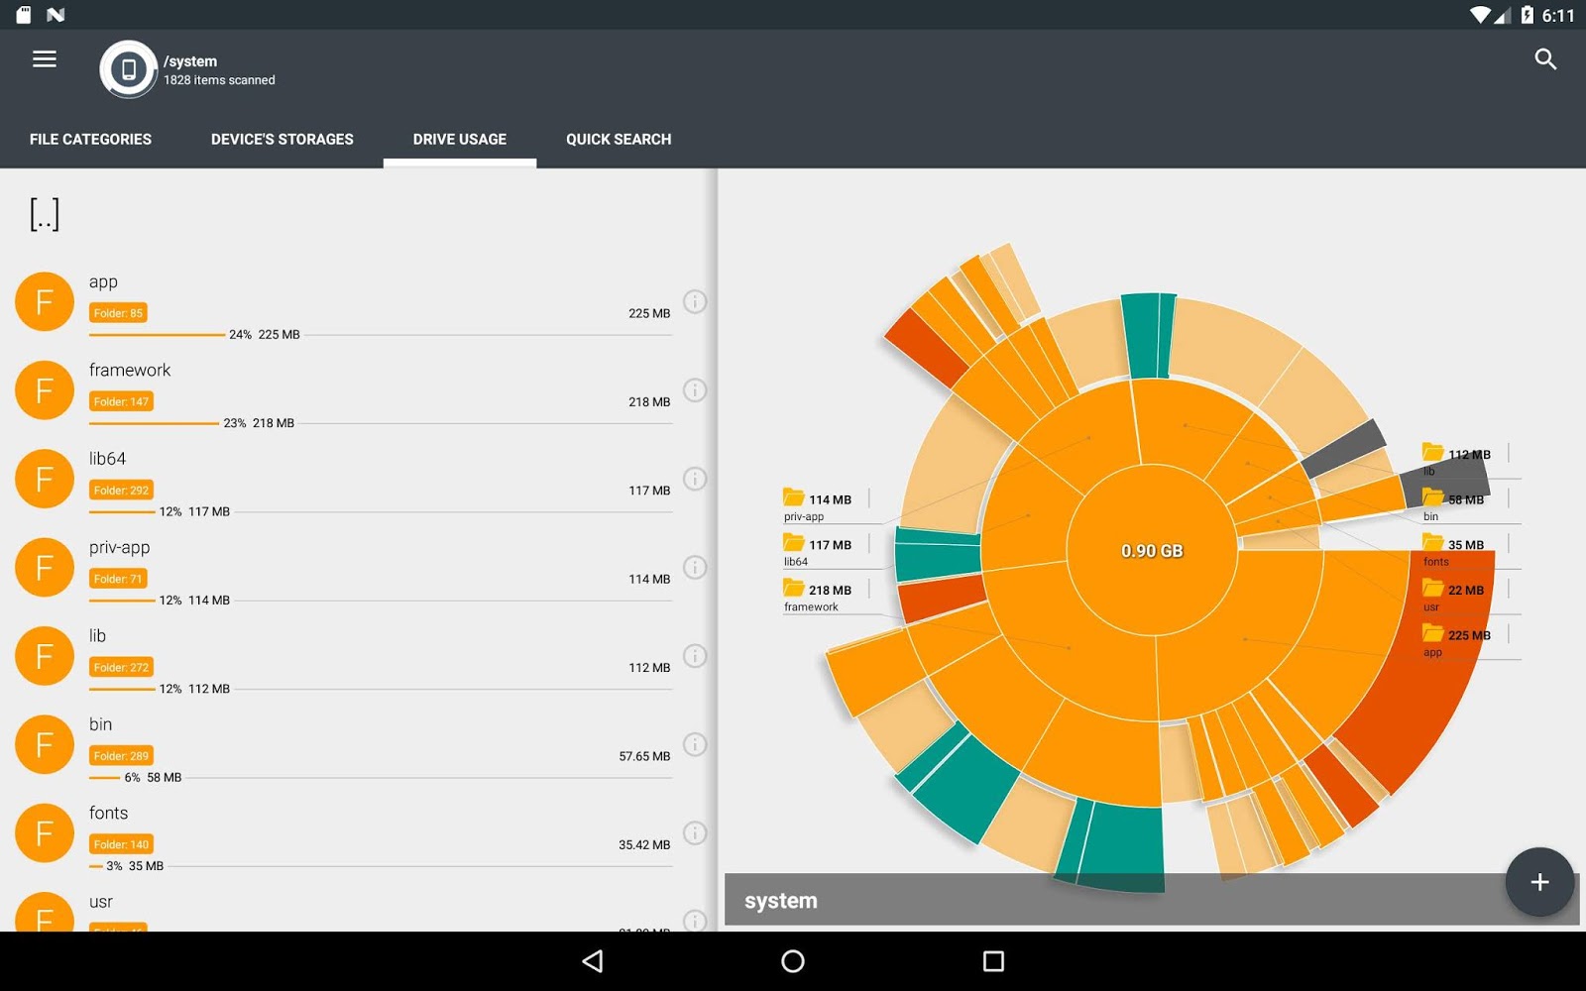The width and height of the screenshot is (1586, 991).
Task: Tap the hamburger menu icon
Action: click(x=45, y=59)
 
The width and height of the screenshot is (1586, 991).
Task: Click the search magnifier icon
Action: click(x=1545, y=59)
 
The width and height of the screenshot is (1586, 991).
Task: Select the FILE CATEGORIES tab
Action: click(x=90, y=140)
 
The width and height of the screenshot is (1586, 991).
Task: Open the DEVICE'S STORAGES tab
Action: click(x=282, y=140)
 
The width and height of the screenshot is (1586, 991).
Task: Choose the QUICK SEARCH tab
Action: click(x=619, y=140)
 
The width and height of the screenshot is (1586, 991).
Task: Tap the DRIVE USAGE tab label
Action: click(x=460, y=140)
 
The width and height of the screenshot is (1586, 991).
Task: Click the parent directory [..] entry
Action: click(x=45, y=214)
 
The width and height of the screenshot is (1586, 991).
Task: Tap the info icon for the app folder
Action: click(x=695, y=301)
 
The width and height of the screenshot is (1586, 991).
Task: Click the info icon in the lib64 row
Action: click(x=695, y=479)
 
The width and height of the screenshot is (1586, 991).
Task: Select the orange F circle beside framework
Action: click(x=45, y=390)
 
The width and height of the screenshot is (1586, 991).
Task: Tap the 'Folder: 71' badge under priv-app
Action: click(x=118, y=579)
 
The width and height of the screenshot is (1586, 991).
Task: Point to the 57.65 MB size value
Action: click(x=644, y=756)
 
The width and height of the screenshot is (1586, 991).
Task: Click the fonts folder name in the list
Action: click(x=108, y=814)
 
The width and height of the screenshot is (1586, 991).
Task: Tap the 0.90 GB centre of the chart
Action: click(x=1152, y=551)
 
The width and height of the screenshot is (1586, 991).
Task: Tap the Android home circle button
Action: click(x=793, y=961)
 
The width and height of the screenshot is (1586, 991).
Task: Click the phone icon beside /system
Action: click(x=129, y=69)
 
